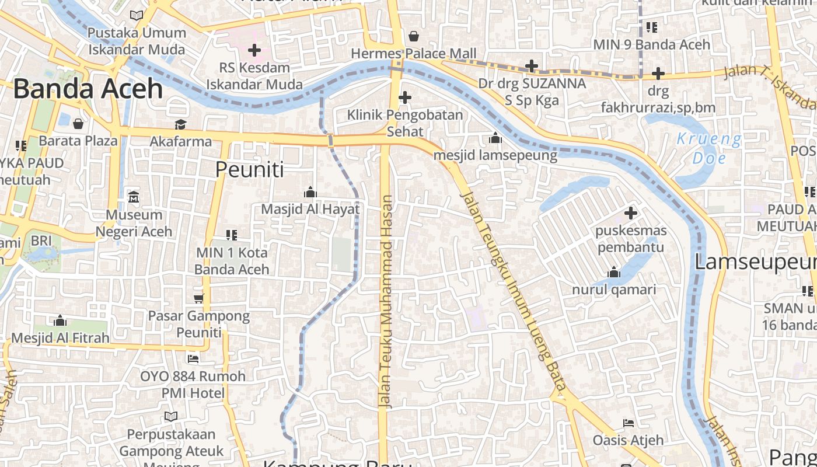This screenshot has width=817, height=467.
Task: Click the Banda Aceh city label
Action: tap(88, 89)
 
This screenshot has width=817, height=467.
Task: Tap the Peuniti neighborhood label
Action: tap(249, 169)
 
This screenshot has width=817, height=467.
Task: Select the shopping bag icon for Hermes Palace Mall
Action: tap(414, 36)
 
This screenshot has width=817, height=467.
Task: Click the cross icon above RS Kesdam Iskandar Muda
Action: tap(254, 50)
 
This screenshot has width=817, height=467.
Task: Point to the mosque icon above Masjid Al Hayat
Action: tap(310, 192)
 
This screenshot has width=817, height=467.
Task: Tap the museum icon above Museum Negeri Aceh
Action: tap(134, 197)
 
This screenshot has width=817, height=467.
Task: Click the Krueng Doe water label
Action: tap(709, 148)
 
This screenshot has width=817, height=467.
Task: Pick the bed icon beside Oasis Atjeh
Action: tap(629, 423)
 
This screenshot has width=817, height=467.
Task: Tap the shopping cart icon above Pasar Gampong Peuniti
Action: tap(198, 298)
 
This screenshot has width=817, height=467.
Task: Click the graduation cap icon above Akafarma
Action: tap(180, 124)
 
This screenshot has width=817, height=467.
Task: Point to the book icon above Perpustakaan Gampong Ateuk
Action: tap(171, 417)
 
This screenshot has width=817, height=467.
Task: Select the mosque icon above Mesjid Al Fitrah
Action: tap(60, 320)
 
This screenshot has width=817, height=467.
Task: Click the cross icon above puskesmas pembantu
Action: tap(631, 213)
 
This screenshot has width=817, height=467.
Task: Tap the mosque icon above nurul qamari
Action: tap(614, 272)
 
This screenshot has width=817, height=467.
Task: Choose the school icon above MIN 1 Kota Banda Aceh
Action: tap(232, 235)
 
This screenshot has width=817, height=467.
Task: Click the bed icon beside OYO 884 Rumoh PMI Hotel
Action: tap(193, 358)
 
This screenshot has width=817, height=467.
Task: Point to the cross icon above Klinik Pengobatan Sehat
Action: tap(405, 97)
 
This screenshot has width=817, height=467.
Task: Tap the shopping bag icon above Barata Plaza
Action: tap(78, 123)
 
